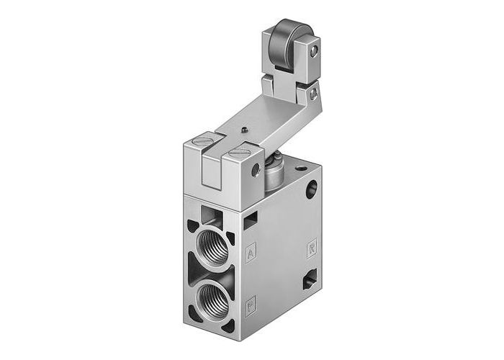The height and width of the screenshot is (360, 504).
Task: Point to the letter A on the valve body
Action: tap(250, 253)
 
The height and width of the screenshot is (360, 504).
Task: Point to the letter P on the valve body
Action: tap(250, 302)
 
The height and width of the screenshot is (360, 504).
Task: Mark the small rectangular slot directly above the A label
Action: tap(249, 222)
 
